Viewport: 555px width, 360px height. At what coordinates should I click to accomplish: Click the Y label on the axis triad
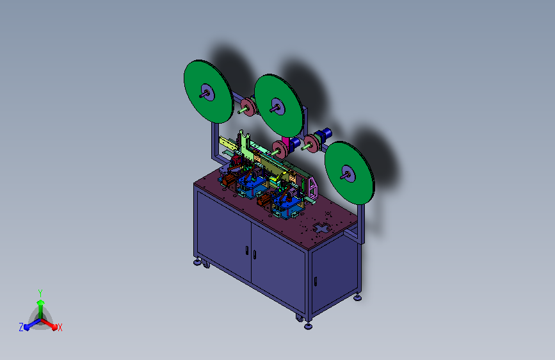pyautogui.click(x=40, y=293)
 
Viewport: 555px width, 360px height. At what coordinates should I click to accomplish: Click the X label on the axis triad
pyautogui.click(x=60, y=327)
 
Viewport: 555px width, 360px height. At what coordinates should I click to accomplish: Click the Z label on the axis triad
pyautogui.click(x=21, y=327)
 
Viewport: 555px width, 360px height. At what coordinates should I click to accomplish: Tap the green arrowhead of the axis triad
pyautogui.click(x=40, y=302)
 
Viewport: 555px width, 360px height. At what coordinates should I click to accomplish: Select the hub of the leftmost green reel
pyautogui.click(x=207, y=93)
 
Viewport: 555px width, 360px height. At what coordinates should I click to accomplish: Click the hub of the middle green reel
pyautogui.click(x=278, y=106)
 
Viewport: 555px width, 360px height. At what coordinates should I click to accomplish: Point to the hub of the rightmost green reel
pyautogui.click(x=348, y=174)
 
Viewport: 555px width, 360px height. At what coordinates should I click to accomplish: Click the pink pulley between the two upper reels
pyautogui.click(x=248, y=107)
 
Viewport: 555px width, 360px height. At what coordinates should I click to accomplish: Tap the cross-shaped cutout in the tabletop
pyautogui.click(x=322, y=228)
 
